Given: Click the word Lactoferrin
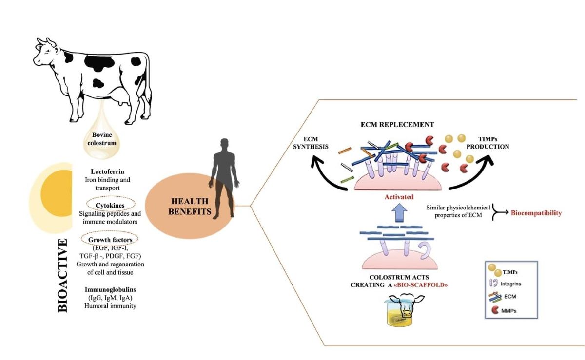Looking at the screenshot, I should [x=108, y=171].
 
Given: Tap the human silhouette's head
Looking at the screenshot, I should [x=224, y=145].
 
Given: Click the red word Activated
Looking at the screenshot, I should [x=399, y=197].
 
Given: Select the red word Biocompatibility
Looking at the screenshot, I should [x=536, y=213].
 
